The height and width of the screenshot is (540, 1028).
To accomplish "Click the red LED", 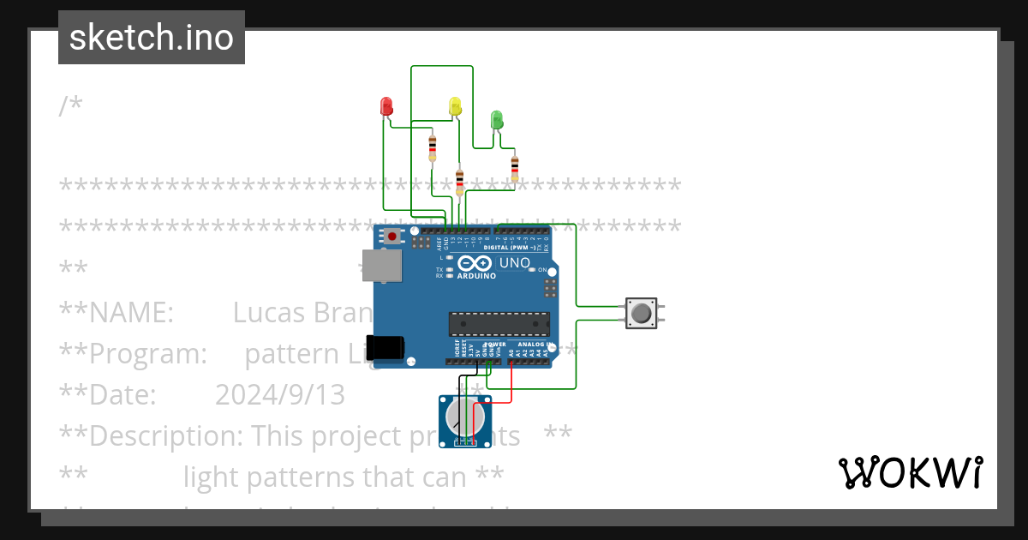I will click(x=386, y=106).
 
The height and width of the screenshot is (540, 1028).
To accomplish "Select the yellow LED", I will click(x=456, y=106).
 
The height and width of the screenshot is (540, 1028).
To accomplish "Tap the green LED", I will click(x=496, y=119).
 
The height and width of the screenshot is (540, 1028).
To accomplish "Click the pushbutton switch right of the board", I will click(x=641, y=313).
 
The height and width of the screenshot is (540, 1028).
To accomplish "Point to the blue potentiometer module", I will click(x=466, y=420).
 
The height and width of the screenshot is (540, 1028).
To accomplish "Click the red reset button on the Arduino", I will click(x=392, y=236).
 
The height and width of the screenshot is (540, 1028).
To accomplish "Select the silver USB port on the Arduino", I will click(x=380, y=266).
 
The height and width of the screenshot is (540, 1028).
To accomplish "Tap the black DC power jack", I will click(x=385, y=347).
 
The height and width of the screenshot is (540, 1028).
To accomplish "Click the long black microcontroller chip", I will click(x=499, y=324).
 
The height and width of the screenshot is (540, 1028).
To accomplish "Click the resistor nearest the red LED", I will click(x=432, y=147).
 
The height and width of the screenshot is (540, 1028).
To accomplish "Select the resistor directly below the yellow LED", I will click(x=460, y=181).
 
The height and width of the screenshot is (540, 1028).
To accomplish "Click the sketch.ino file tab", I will click(x=152, y=38).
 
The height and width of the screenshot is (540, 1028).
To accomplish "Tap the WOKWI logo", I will click(x=910, y=472).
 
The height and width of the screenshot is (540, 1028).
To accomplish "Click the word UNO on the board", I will click(x=515, y=262).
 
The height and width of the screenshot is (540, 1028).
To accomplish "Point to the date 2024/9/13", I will click(x=279, y=394).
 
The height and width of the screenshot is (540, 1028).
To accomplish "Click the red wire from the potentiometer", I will click(x=511, y=390).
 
